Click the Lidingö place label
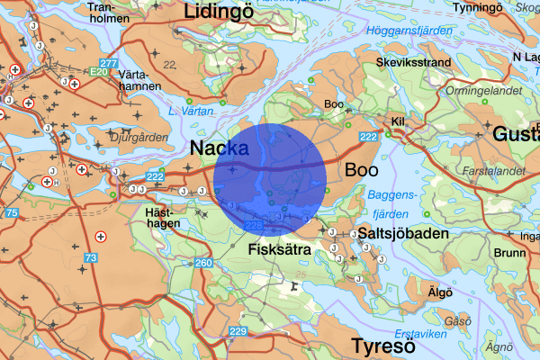[220, 12]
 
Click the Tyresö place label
[382, 346]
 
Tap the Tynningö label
[502, 8]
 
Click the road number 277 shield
[109, 63]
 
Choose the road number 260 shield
[203, 263]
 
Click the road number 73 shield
[91, 258]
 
